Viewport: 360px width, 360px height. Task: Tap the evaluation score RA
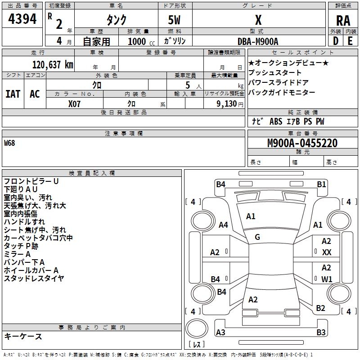click(343, 20)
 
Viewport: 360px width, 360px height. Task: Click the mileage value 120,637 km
click(52, 65)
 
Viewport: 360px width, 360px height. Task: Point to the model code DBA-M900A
click(258, 41)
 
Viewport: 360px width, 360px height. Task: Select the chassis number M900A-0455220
click(302, 144)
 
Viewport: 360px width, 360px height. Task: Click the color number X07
click(75, 103)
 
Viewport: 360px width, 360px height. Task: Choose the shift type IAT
click(13, 94)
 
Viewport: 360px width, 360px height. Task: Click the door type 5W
click(175, 20)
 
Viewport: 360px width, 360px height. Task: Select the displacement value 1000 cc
click(137, 41)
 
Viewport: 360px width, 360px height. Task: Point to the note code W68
click(9, 144)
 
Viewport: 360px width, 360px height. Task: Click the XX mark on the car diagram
click(327, 252)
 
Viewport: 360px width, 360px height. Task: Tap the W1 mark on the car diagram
click(327, 279)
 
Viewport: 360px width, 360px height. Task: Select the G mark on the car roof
click(257, 237)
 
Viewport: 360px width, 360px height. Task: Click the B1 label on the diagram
click(321, 184)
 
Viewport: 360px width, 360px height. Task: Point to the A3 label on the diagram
click(220, 333)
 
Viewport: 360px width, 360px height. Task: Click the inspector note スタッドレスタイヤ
click(34, 279)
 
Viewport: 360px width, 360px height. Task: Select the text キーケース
click(23, 337)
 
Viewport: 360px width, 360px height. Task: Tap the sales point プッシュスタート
click(275, 73)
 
